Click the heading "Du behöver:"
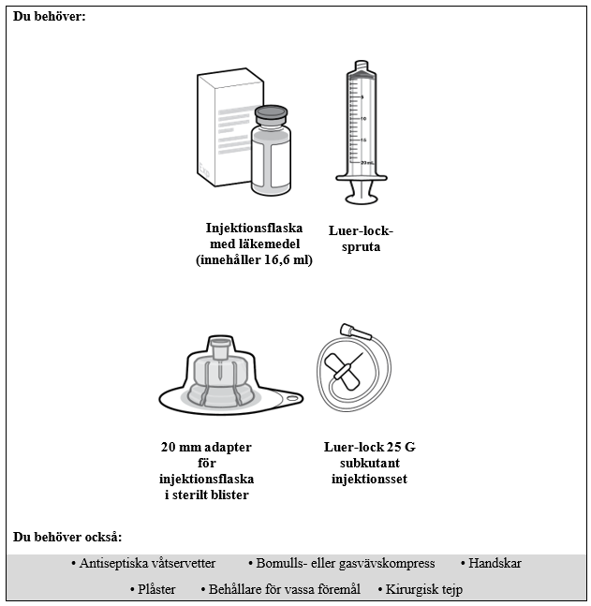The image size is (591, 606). pyautogui.click(x=49, y=17)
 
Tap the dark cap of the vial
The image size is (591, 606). pyautogui.click(x=272, y=114)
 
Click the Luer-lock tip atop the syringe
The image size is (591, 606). pyautogui.click(x=362, y=67)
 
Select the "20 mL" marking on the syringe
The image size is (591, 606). pyautogui.click(x=368, y=162)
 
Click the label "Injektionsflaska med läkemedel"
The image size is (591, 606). pyautogui.click(x=254, y=235)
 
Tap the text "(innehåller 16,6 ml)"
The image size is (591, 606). pyautogui.click(x=254, y=260)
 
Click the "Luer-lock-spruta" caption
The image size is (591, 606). pyautogui.click(x=362, y=239)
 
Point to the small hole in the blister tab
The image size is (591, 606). pyautogui.click(x=291, y=400)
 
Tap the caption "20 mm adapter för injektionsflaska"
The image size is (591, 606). pyautogui.click(x=207, y=463)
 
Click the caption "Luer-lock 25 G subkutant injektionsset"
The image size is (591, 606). pyautogui.click(x=369, y=463)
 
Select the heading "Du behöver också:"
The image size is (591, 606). pyautogui.click(x=67, y=537)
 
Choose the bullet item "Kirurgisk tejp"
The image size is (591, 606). pyautogui.click(x=423, y=589)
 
